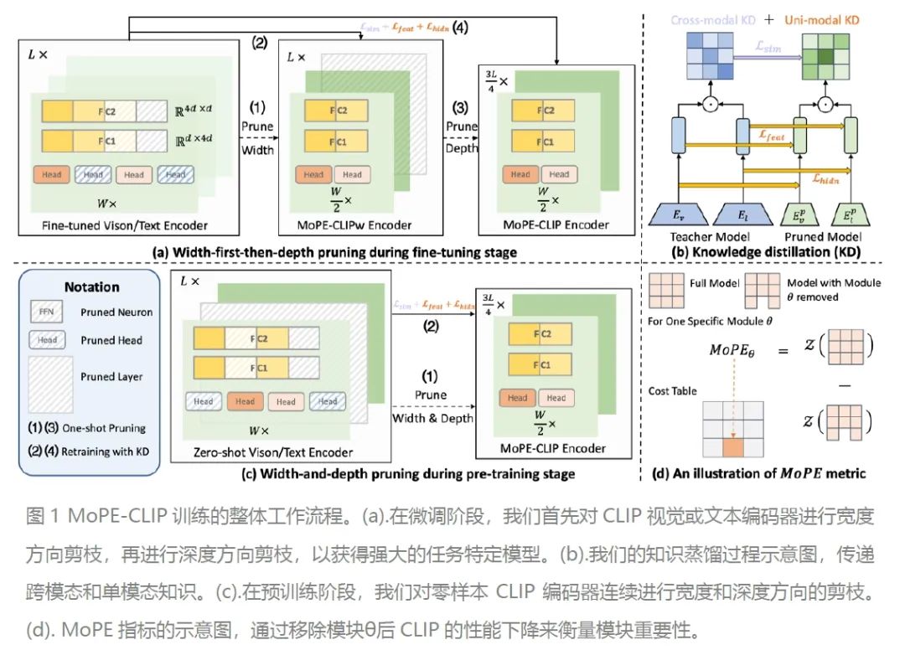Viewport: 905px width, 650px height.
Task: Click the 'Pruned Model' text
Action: coord(821,236)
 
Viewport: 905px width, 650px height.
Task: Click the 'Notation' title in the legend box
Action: coord(91,286)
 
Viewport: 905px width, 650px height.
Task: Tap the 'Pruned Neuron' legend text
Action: coord(116,312)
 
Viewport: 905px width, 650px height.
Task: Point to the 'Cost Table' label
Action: coord(672,391)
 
